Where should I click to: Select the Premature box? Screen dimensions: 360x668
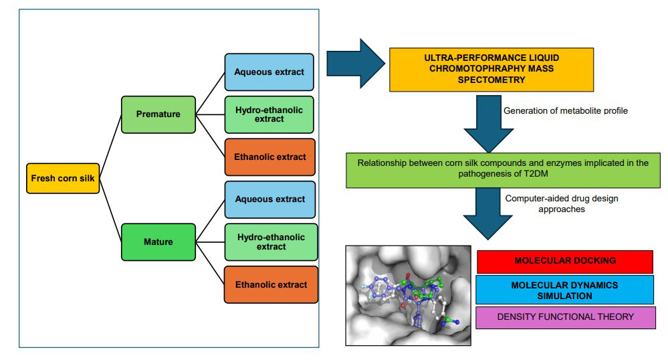[158, 114]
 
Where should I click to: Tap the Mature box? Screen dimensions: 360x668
[158, 242]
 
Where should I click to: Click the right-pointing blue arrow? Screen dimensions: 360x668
[355, 64]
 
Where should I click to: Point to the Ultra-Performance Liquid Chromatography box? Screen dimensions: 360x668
[491, 70]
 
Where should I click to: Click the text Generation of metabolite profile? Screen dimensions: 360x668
[565, 110]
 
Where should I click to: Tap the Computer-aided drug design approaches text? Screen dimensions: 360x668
[557, 203]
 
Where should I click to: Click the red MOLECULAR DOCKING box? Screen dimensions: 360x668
[565, 262]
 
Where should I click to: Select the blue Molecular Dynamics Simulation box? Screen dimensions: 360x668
[565, 290]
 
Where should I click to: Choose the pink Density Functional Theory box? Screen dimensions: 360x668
[565, 317]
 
